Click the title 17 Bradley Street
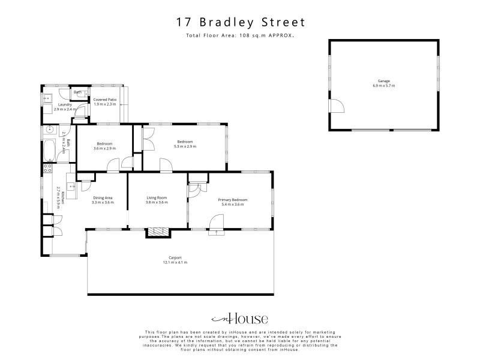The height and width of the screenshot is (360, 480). (x=241, y=22)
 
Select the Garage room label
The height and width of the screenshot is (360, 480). (x=383, y=81)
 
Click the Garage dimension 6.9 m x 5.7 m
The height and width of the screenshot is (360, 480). (x=383, y=86)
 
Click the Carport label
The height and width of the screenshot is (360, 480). (x=175, y=258)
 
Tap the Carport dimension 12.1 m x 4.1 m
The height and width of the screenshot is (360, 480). (x=175, y=262)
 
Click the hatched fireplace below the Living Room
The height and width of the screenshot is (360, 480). (x=158, y=232)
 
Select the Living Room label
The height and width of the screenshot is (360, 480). (x=157, y=198)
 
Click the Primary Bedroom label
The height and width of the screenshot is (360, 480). (x=233, y=200)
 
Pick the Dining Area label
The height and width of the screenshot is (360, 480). (x=103, y=198)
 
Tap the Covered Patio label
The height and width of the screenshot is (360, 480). (x=104, y=100)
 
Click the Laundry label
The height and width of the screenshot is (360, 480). (x=65, y=104)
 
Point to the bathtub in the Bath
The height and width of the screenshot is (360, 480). (x=49, y=151)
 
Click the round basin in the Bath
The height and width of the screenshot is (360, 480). (x=50, y=130)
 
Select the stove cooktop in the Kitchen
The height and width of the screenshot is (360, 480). (x=48, y=168)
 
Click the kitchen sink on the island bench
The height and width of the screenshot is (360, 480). (x=71, y=185)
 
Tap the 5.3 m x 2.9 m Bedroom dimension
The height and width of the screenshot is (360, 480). (x=185, y=146)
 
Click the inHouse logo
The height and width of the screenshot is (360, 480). (x=239, y=319)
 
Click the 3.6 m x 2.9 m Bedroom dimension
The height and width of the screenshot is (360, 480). (x=104, y=148)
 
